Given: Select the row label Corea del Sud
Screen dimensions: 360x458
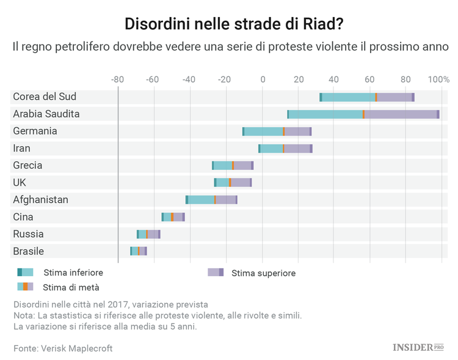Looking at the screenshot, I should pos(45,97).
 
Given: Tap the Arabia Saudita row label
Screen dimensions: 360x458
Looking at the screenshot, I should pos(46,114).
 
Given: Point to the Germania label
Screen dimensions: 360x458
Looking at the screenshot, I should pos(35,131).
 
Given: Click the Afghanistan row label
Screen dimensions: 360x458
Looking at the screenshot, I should pos(40,199).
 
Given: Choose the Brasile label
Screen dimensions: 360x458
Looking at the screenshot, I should pos(28,251).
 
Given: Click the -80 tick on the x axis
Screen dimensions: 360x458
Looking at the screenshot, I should pos(118,79).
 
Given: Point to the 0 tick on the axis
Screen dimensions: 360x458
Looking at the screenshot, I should pos(263,79).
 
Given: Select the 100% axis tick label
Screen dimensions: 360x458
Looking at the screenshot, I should pos(438,79).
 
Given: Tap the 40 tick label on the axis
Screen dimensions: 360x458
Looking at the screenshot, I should pos(333,79).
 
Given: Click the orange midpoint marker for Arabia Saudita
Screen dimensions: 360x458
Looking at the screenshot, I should pos(363,114).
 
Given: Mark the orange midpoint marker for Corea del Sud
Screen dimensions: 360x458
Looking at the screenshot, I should pos(376,97).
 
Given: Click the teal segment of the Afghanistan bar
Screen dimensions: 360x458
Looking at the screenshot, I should pos(201,200).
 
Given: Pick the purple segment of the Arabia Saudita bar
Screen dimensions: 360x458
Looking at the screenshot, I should pos(401,114).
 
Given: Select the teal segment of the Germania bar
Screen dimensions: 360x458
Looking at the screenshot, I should pos(263,131).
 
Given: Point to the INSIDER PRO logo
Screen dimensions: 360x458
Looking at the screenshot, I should pos(417,347).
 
